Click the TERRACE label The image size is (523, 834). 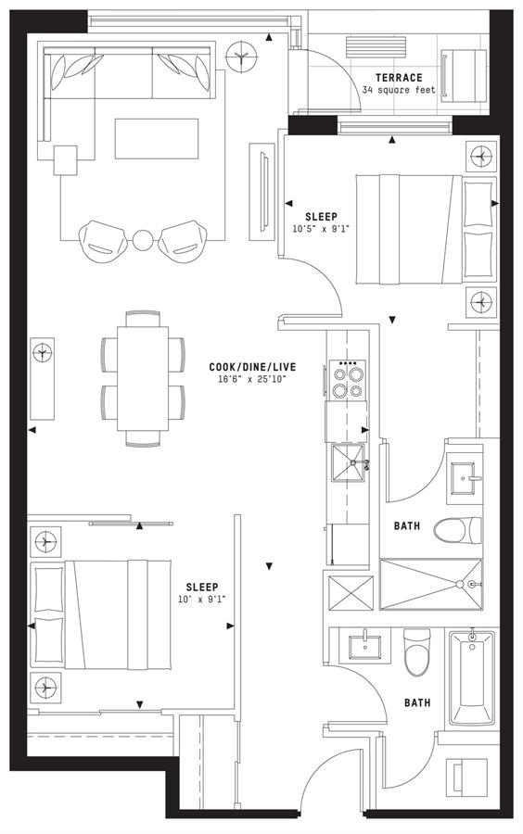tap(399, 78)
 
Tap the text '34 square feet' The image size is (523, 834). tap(399, 90)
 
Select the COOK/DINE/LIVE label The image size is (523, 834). tap(252, 367)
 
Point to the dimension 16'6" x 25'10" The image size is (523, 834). tap(252, 379)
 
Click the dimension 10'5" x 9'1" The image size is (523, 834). tap(321, 229)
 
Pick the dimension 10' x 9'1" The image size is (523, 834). tap(201, 599)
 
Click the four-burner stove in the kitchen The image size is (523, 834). tap(349, 380)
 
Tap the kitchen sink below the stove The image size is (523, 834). tap(349, 462)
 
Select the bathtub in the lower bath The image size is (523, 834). tap(472, 677)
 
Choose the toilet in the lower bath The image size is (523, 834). tap(416, 652)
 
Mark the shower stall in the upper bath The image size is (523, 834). tap(431, 584)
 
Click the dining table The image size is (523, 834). tap(143, 378)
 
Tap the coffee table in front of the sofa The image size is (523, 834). tap(157, 138)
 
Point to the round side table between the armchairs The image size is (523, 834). tap(143, 240)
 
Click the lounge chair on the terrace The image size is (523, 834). tap(464, 76)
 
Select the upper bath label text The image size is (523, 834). tap(406, 526)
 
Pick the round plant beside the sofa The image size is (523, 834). tap(241, 57)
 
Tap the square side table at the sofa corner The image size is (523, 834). tap(66, 160)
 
